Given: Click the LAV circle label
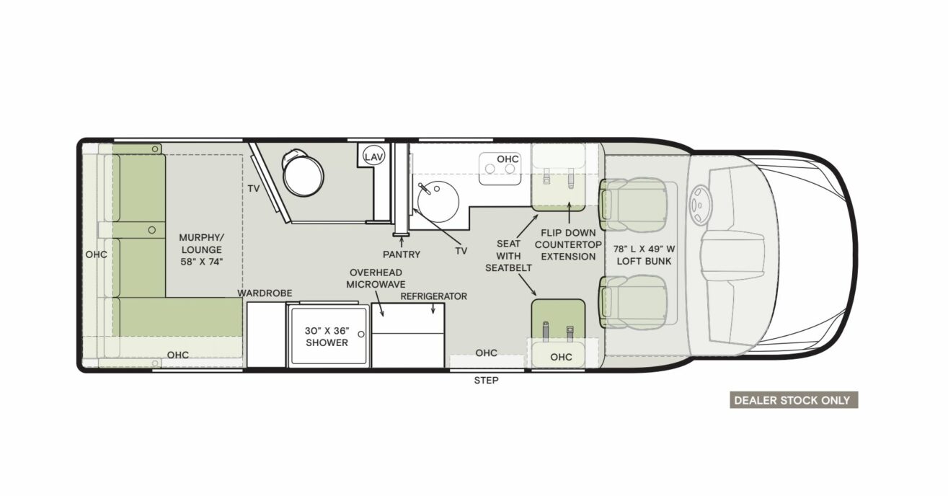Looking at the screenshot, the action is coord(373,157).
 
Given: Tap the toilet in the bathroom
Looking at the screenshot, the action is coord(302,173).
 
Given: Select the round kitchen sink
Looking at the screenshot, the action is coord(438,201).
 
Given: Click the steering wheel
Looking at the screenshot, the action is coord(701,205).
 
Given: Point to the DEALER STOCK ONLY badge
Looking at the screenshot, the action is coord(794,400).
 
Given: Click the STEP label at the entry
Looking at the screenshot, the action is coord(486,381).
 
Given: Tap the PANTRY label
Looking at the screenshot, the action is coord(402,254).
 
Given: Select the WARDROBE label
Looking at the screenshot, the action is coord(265,293).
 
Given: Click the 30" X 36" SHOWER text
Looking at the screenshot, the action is coord(327,337).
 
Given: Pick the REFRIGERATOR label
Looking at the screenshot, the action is coord(434,296).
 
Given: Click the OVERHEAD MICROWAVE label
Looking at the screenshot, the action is coord(376,278).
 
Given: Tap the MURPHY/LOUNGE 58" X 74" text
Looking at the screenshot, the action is coord(201,249).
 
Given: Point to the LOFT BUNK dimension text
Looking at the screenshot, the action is coord(644,255).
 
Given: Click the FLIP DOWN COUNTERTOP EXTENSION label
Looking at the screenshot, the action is coord(568,244).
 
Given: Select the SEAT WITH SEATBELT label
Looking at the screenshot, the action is coord(508,256).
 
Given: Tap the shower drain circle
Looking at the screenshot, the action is coord(361,335).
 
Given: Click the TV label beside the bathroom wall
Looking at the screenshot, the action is coord(254,189).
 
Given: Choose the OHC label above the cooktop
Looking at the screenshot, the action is coord(508,159).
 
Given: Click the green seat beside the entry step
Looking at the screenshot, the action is coord(558,319).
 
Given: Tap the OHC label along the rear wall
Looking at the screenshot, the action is coord(96,254).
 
